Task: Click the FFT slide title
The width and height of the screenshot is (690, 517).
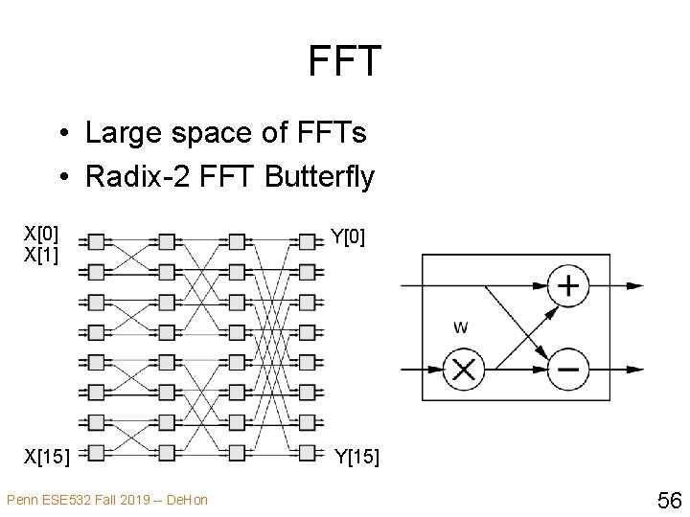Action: pyautogui.click(x=345, y=61)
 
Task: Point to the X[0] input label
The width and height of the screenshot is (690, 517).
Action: pyautogui.click(x=42, y=233)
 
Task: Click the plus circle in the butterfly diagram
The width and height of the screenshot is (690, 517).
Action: pyautogui.click(x=568, y=285)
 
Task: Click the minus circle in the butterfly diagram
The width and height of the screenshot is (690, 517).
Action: pyautogui.click(x=568, y=369)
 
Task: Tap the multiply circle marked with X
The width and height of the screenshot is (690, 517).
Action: pyautogui.click(x=464, y=369)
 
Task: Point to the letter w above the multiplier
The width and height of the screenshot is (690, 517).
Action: pyautogui.click(x=461, y=327)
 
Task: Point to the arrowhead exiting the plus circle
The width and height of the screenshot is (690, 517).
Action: pyautogui.click(x=634, y=285)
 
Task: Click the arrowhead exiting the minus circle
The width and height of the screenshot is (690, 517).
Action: pyautogui.click(x=634, y=369)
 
